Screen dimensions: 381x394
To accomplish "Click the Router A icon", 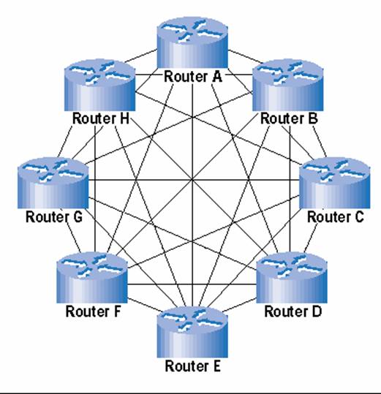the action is [192, 42].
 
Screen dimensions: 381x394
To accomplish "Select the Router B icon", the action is [287, 85].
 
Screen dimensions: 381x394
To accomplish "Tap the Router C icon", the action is [334, 183].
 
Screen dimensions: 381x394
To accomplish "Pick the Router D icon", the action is [292, 278].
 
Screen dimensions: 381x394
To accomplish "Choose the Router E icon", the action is [192, 332].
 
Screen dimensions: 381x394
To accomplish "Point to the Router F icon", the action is [92, 278].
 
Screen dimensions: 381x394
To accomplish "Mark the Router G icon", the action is [53, 183].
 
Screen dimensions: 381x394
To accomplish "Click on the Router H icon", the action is [99, 85].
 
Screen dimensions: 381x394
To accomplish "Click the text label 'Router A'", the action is [193, 77].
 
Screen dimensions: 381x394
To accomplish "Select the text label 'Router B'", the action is [289, 118].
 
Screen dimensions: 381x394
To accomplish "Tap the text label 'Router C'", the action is [336, 217].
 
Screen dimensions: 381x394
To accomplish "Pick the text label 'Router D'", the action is [293, 311].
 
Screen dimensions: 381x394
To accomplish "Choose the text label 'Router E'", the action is [193, 365].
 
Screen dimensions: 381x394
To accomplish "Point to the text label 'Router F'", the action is [94, 311].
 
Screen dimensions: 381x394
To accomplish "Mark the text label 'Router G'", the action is [54, 217].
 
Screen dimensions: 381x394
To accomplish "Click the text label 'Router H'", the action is [101, 118].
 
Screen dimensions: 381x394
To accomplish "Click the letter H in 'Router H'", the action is [124, 118].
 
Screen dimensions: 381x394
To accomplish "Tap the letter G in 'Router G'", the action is [78, 217].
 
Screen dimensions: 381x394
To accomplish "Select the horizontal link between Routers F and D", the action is [192, 284].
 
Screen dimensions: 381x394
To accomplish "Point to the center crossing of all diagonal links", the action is [192, 180].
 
